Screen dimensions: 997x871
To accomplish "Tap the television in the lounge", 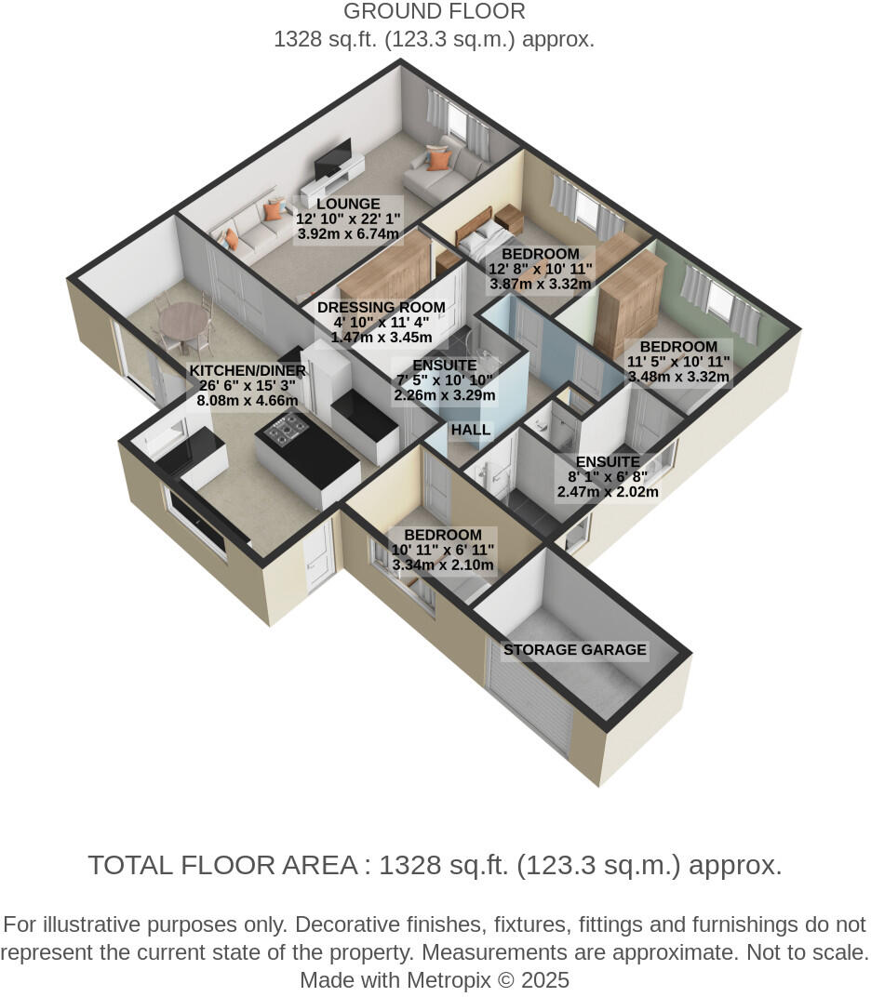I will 332,158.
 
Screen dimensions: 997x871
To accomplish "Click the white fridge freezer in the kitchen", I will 325,377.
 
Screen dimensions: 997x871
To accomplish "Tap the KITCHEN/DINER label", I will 248,370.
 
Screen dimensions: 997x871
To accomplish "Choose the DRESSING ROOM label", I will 381,308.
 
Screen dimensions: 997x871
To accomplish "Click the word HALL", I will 471,431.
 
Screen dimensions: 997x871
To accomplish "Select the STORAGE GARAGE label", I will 574,650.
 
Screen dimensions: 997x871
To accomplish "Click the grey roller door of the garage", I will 529,693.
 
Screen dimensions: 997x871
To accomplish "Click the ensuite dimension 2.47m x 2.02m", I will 607,492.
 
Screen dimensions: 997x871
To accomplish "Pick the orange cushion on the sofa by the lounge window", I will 439,159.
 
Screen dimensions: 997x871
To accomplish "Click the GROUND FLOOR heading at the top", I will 434,12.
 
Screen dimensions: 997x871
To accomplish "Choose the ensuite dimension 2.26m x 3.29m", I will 444,395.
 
